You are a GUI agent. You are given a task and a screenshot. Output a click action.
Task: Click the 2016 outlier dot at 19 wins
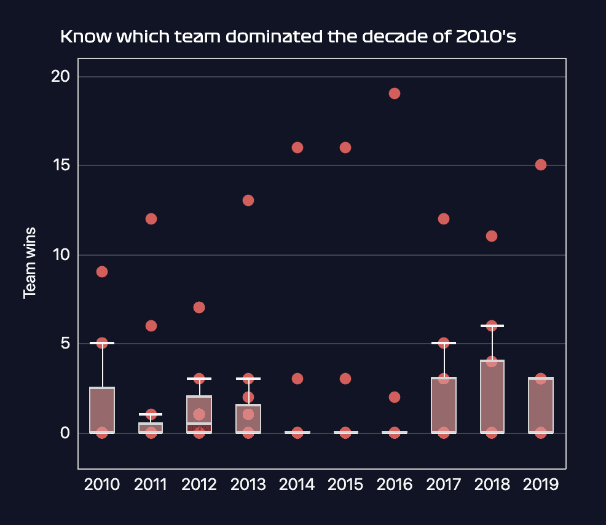pyautogui.click(x=395, y=93)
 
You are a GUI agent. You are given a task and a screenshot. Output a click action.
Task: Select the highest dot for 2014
pyautogui.click(x=297, y=148)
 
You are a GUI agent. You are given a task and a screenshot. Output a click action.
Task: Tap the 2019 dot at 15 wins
pyautogui.click(x=541, y=165)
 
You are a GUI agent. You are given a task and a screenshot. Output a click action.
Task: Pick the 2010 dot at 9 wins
pyautogui.click(x=102, y=272)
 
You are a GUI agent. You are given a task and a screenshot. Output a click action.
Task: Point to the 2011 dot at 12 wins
pyautogui.click(x=151, y=219)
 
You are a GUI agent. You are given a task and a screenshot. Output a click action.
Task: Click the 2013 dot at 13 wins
pyautogui.click(x=248, y=200)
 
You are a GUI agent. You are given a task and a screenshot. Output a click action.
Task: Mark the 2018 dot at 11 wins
pyautogui.click(x=492, y=236)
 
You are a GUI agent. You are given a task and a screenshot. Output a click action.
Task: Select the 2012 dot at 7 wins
pyautogui.click(x=199, y=307)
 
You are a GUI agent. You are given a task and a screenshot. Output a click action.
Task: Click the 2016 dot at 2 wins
pyautogui.click(x=395, y=397)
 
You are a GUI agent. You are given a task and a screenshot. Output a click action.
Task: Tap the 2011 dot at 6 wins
pyautogui.click(x=151, y=326)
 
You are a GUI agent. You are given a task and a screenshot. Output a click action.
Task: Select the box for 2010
pyautogui.click(x=102, y=411)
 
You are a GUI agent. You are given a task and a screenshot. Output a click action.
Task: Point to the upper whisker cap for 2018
pyautogui.click(x=492, y=326)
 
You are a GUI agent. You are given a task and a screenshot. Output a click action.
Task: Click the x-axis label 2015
pyautogui.click(x=345, y=484)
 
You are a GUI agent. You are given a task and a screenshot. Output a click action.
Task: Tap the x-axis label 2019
pyautogui.click(x=541, y=484)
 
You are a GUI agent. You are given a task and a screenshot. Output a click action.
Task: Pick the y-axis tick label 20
pyautogui.click(x=61, y=77)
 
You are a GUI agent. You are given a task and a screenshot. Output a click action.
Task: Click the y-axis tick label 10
pyautogui.click(x=61, y=255)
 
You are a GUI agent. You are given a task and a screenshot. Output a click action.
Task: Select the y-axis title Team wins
pyautogui.click(x=29, y=263)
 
